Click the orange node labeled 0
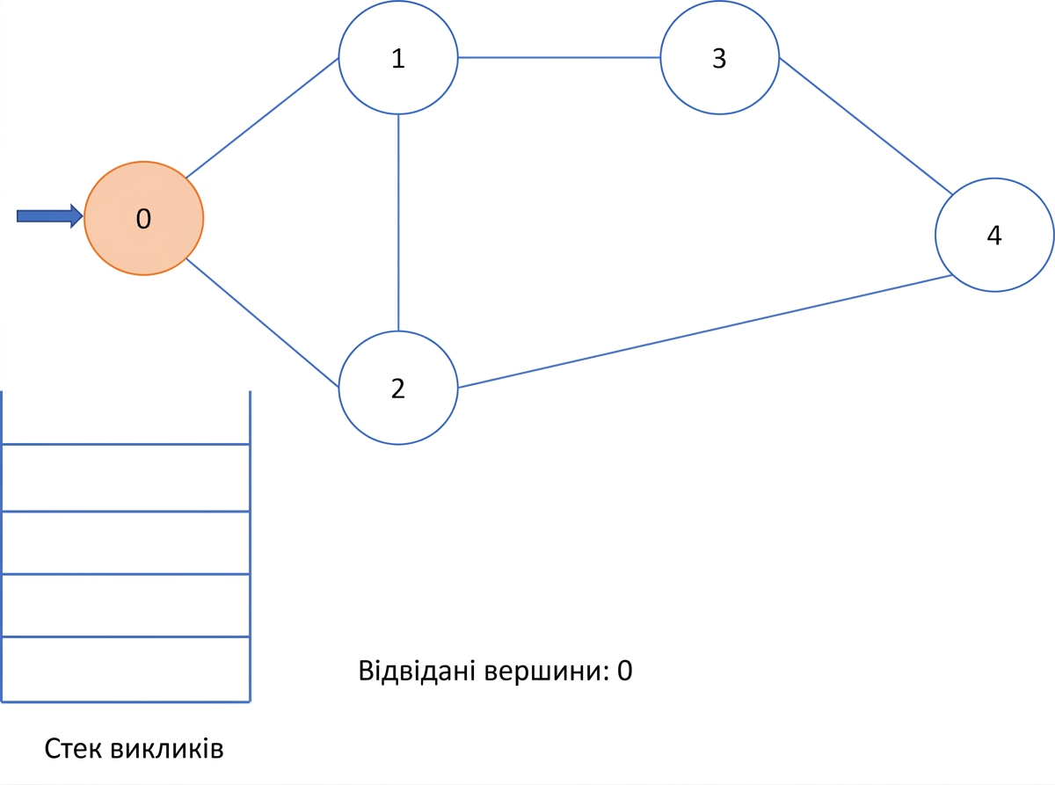[143, 218]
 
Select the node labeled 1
[398, 57]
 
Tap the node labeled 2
[398, 388]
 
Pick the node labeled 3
[720, 57]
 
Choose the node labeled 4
[994, 235]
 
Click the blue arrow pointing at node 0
[50, 216]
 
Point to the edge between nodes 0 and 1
[262, 118]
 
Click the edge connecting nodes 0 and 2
[262, 323]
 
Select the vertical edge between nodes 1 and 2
[398, 222]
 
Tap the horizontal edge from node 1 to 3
[559, 57]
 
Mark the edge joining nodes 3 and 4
[866, 126]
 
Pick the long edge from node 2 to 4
[705, 331]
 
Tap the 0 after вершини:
[624, 672]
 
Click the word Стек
[73, 749]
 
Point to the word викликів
[166, 749]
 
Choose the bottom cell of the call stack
[126, 669]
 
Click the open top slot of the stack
[126, 418]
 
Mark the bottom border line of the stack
[126, 701]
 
